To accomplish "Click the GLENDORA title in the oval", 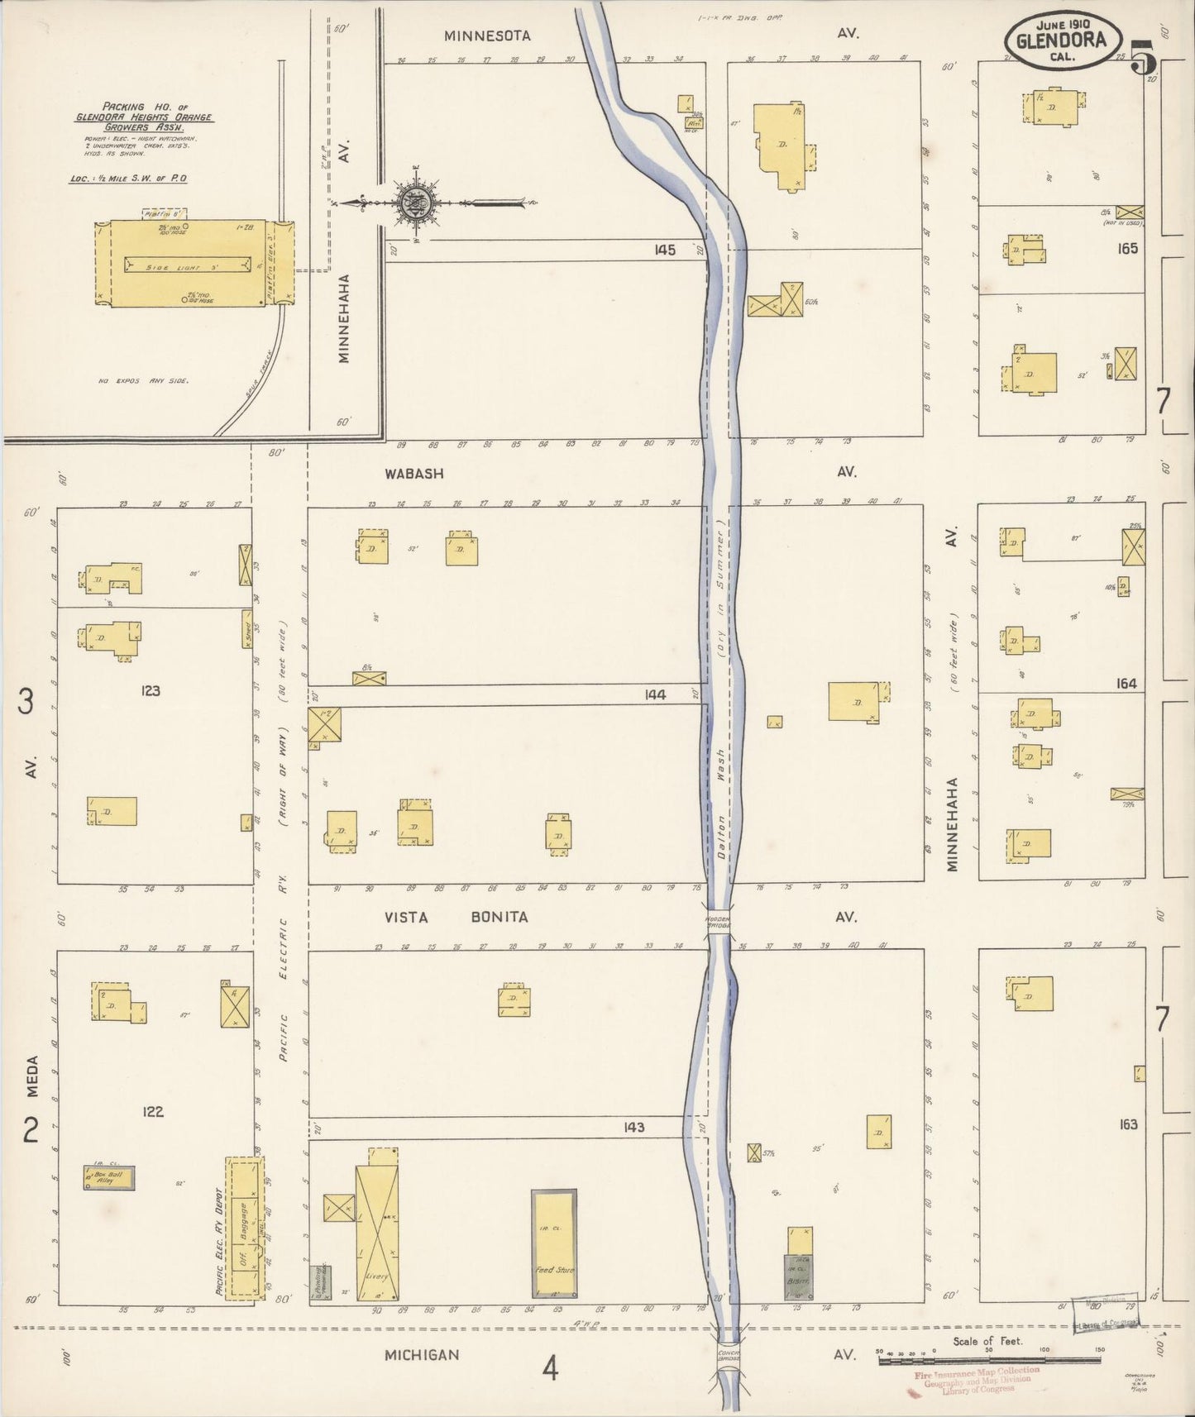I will pos(1064,41).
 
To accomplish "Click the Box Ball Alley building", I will pos(108,1177).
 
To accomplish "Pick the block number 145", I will pos(664,250).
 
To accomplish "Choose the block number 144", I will pos(655,695).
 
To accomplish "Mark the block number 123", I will pos(150,690).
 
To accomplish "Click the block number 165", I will pos(1126,248).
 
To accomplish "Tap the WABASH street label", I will pos(413,474).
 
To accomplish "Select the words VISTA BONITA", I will pos(456,917).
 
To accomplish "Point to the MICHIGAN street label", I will pos(422,1355).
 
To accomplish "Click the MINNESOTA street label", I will pos(487,36).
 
